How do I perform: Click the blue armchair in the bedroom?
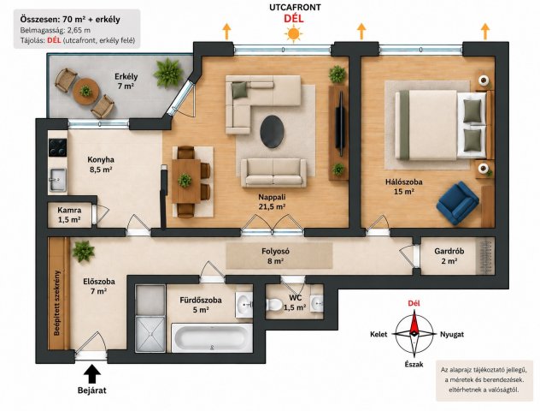point(457,204)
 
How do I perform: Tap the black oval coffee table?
point(272,132)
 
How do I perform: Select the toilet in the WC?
point(274,304)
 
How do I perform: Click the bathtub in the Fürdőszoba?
point(212,337)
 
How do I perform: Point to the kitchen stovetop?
point(57,147)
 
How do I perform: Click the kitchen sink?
point(57,180)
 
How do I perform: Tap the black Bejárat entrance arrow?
point(92,374)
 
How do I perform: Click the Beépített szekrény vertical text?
point(57,302)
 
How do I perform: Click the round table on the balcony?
point(85,92)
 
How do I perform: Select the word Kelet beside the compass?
point(379,335)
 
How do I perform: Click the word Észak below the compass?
point(414,365)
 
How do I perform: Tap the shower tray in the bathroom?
point(150,334)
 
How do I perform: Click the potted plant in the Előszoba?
point(84,251)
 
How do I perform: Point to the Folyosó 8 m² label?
point(275,256)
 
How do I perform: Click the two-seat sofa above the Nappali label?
point(273,173)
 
